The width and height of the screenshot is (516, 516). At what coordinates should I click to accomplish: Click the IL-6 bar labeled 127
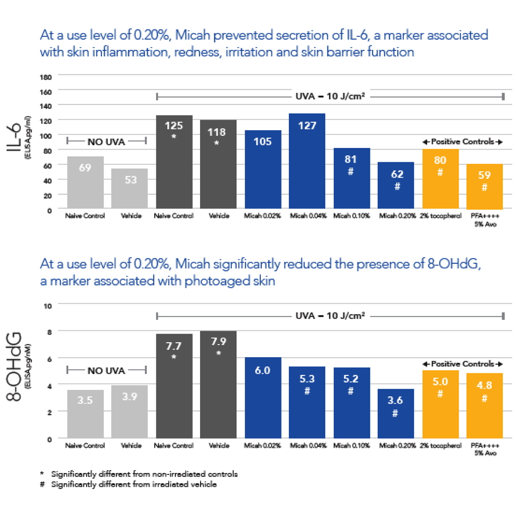tap(307, 161)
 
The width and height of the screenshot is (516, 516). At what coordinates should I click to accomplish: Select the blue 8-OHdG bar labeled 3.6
tap(396, 413)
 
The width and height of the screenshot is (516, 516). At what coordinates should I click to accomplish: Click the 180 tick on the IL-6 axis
tap(46, 76)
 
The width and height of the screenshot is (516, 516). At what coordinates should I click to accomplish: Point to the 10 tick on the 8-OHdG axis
tap(48, 305)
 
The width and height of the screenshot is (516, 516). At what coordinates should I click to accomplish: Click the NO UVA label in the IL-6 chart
tap(107, 140)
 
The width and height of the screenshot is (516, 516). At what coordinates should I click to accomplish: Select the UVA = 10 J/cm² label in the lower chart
tap(330, 315)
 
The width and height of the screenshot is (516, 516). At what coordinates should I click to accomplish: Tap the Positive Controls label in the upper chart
tap(462, 141)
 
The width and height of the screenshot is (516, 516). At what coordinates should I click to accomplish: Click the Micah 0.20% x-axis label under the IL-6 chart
tap(396, 216)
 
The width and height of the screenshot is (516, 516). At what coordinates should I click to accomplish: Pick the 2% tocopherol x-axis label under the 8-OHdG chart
tap(440, 445)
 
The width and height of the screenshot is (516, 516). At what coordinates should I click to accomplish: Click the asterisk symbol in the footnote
tap(42, 475)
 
